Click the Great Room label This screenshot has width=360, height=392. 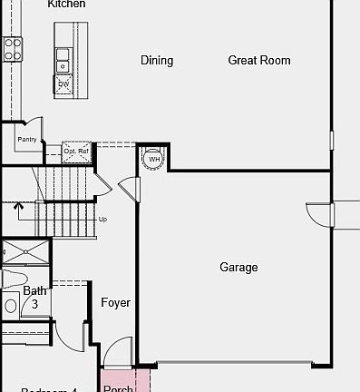pyautogui.click(x=259, y=61)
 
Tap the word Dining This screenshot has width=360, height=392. pyautogui.click(x=157, y=61)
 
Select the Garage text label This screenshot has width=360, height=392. pyautogui.click(x=238, y=268)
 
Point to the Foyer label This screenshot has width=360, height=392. pyautogui.click(x=115, y=303)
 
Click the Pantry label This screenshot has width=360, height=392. pyautogui.click(x=26, y=140)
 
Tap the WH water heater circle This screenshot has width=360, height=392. pyautogui.click(x=153, y=160)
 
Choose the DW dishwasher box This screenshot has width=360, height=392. pyautogui.click(x=63, y=84)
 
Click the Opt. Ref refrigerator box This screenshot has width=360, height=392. pyautogui.click(x=77, y=151)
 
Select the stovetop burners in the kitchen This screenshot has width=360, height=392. pyautogui.click(x=13, y=50)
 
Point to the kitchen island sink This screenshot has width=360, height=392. pyautogui.click(x=63, y=64)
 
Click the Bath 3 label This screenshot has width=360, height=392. pyautogui.click(x=34, y=298)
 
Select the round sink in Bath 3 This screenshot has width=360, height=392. pyautogui.click(x=11, y=306)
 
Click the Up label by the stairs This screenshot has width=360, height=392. pyautogui.click(x=102, y=219)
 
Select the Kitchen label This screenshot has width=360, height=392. pyautogui.click(x=66, y=5)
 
